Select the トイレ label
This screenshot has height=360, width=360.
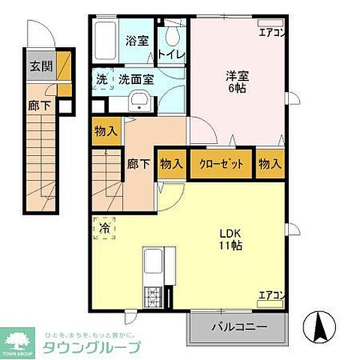point(173,55)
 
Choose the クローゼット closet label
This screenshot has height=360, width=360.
point(220,164)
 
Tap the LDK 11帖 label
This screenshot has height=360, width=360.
point(230,239)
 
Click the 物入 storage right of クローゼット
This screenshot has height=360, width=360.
point(271,164)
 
